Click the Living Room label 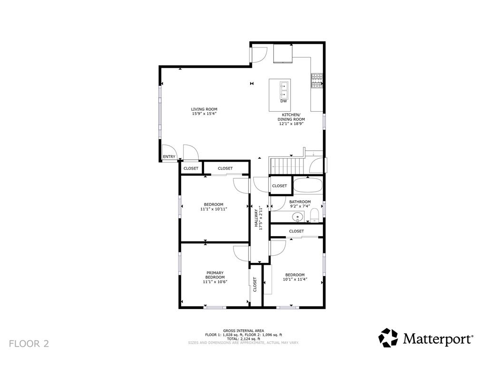click(x=204, y=109)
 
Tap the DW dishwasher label click(x=283, y=101)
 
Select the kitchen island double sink click(x=284, y=89)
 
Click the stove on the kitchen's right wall click(x=317, y=81)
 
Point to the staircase click(x=287, y=166)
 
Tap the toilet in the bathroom click(x=314, y=217)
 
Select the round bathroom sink click(x=298, y=217)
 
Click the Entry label click(x=169, y=157)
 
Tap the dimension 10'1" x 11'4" click(x=295, y=279)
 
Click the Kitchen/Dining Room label click(x=291, y=117)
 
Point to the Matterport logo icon click(x=388, y=338)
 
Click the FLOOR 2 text click(x=29, y=343)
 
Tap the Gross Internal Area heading click(x=243, y=330)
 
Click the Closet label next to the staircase click(x=280, y=186)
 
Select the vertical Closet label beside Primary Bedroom click(x=255, y=284)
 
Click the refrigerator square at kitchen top click(x=283, y=53)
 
